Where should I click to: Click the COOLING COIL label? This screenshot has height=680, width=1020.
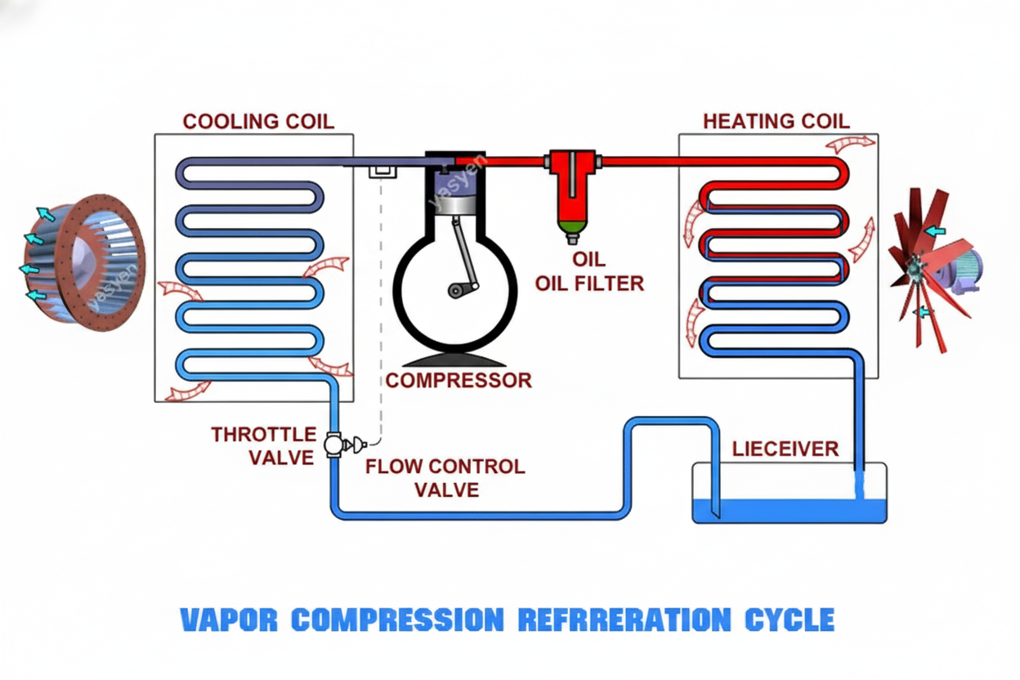point(258,121)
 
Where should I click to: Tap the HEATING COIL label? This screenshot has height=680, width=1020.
point(776,121)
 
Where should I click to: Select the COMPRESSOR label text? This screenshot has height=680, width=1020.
point(459,380)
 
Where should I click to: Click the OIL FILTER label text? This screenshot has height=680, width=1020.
point(588,284)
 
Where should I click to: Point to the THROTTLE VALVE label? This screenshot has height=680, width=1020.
point(263,445)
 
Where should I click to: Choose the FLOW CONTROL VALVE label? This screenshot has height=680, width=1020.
point(445,478)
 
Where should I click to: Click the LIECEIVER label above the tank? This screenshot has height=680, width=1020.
point(785,449)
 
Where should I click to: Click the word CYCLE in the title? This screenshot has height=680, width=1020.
point(790,620)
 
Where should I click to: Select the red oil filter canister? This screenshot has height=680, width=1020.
point(572,188)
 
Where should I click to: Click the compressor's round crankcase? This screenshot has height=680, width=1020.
point(454,290)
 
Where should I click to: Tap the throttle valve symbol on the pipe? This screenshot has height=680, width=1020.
point(333,445)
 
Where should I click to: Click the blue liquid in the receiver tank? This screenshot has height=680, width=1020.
point(789,511)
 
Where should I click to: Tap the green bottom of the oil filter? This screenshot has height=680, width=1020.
point(572,224)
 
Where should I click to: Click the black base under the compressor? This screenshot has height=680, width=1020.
point(454,360)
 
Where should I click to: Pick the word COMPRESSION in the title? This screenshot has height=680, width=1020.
point(398,620)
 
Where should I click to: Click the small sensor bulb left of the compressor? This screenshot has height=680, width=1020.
point(381,171)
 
